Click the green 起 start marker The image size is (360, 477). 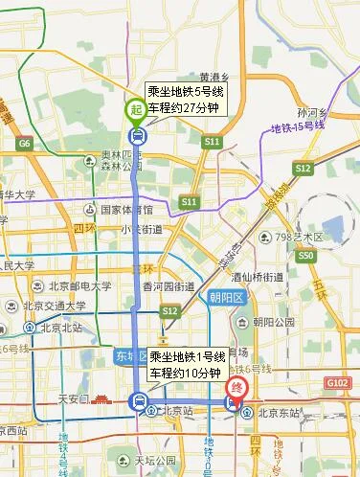click(138, 110)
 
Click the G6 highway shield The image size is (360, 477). click(25, 144)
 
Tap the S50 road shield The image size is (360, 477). click(305, 256)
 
